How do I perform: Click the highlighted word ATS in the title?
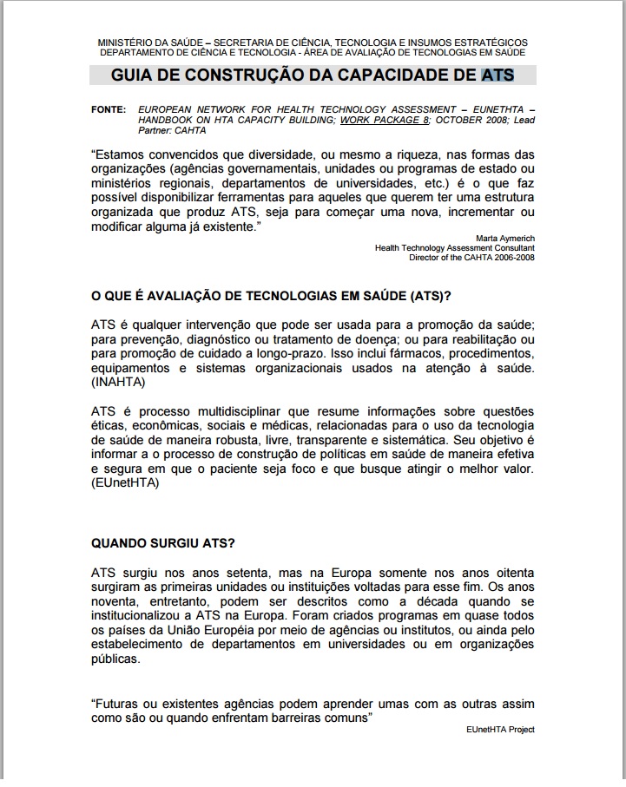[498, 75]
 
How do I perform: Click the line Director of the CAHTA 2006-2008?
[472, 257]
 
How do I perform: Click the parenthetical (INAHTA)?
[119, 382]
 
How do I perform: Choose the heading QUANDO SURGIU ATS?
[162, 544]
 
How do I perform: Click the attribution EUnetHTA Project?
[500, 730]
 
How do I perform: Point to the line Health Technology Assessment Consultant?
[455, 247]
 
